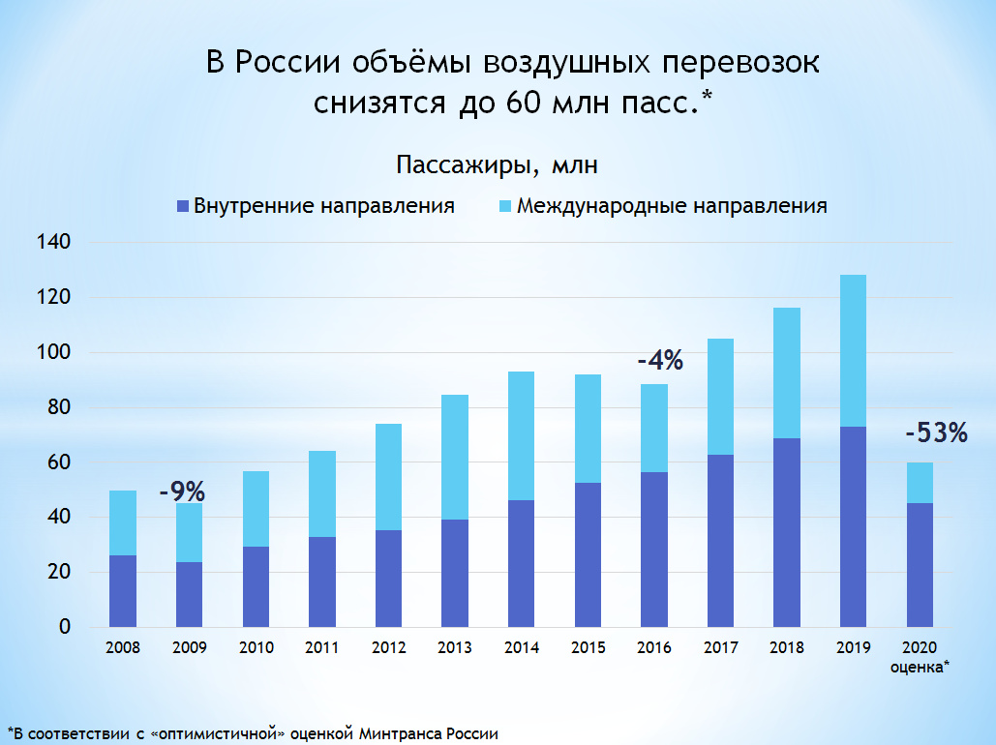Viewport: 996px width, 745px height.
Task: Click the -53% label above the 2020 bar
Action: pyautogui.click(x=936, y=433)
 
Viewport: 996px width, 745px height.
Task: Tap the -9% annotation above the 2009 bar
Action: pyautogui.click(x=181, y=491)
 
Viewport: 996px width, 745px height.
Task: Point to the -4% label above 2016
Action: pyautogui.click(x=660, y=362)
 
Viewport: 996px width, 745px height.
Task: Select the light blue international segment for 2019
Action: pyautogui.click(x=853, y=350)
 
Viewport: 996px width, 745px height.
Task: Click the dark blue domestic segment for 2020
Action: pyautogui.click(x=919, y=565)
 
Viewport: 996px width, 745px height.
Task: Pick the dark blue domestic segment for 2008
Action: pyautogui.click(x=123, y=591)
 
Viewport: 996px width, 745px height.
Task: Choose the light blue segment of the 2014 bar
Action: pyautogui.click(x=521, y=435)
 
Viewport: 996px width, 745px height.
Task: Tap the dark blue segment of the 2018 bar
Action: pyautogui.click(x=786, y=532)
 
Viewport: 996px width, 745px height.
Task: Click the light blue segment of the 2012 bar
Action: pyautogui.click(x=388, y=477)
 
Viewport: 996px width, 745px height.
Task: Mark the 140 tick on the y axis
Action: pyautogui.click(x=54, y=242)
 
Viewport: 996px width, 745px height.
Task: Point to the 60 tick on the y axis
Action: pyautogui.click(x=60, y=462)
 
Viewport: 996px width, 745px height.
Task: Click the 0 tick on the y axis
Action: pyautogui.click(x=65, y=627)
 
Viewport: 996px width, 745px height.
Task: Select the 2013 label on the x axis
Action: pyautogui.click(x=454, y=648)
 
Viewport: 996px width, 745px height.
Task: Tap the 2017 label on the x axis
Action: pyautogui.click(x=719, y=648)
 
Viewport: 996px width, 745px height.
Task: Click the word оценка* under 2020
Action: pyautogui.click(x=919, y=667)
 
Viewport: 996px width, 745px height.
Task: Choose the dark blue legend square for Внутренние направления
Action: pyautogui.click(x=181, y=206)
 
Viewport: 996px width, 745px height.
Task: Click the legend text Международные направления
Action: pyautogui.click(x=672, y=206)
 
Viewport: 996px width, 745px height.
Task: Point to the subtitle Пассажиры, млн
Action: pyautogui.click(x=497, y=165)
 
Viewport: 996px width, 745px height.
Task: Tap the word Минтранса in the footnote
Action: pyautogui.click(x=400, y=732)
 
